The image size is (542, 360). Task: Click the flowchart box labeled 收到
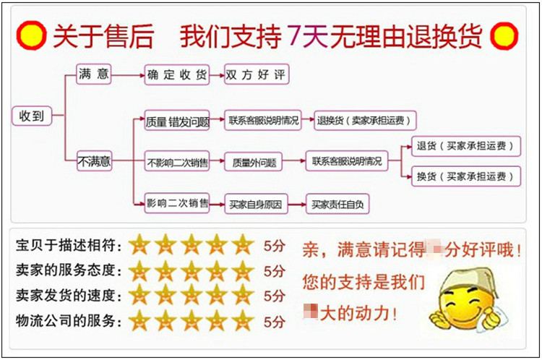(32, 116)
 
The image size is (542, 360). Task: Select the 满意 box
(94, 74)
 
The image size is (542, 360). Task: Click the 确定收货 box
(177, 74)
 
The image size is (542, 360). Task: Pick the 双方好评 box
(256, 74)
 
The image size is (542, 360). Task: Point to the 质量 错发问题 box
(177, 121)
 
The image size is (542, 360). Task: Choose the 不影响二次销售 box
(177, 163)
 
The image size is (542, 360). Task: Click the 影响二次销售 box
(177, 203)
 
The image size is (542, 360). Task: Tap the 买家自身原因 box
(254, 204)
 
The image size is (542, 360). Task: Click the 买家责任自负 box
(337, 204)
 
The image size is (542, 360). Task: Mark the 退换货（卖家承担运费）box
(367, 121)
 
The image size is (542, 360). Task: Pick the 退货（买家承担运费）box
(465, 146)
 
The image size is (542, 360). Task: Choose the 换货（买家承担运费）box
(465, 176)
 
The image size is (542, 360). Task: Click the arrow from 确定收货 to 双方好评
(216, 74)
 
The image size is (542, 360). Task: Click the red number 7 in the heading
(294, 36)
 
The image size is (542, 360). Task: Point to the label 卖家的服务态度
(66, 270)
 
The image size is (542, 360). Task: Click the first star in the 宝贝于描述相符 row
(139, 245)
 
